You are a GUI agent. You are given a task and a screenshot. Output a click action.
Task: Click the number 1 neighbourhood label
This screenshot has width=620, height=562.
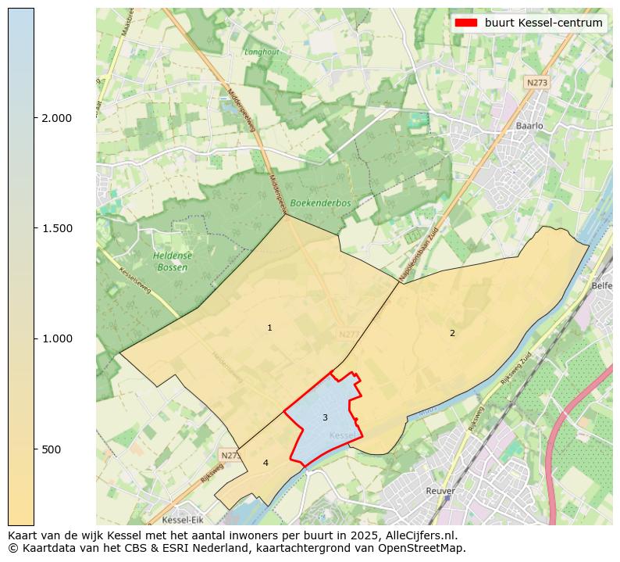[x=269, y=328]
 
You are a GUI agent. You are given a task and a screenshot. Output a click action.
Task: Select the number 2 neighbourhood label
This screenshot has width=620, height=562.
[x=451, y=333]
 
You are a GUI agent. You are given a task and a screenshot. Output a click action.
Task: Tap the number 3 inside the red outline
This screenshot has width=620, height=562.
[x=325, y=417]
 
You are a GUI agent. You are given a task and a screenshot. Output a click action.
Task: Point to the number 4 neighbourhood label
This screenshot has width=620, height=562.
[x=265, y=463]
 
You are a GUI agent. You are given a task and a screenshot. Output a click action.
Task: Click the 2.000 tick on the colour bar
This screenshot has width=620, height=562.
[x=56, y=118]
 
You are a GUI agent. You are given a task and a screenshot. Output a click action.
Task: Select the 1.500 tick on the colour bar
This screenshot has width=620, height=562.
[x=56, y=228]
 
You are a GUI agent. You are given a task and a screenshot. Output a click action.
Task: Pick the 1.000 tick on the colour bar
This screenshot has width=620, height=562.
[x=56, y=338]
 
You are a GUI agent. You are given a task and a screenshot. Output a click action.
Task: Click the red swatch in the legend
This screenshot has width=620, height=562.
[x=465, y=23]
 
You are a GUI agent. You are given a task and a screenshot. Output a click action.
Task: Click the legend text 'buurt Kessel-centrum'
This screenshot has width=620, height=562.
[x=543, y=23]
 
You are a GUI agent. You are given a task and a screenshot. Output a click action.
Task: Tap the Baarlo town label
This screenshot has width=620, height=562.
[x=529, y=125]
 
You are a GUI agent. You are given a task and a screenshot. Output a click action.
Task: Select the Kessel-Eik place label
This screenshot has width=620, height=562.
[x=183, y=520]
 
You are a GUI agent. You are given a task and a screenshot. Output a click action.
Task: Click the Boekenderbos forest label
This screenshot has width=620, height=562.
[x=320, y=202]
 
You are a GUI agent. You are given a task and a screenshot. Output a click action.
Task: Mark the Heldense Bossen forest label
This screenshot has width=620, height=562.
[x=172, y=261]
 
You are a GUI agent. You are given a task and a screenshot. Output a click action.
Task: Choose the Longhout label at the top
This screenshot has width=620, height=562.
[x=262, y=52]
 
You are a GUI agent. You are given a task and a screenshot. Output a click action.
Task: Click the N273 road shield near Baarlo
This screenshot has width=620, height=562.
[x=536, y=82]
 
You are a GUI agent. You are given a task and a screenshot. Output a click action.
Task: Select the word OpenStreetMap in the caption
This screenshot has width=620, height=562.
[x=422, y=548]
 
